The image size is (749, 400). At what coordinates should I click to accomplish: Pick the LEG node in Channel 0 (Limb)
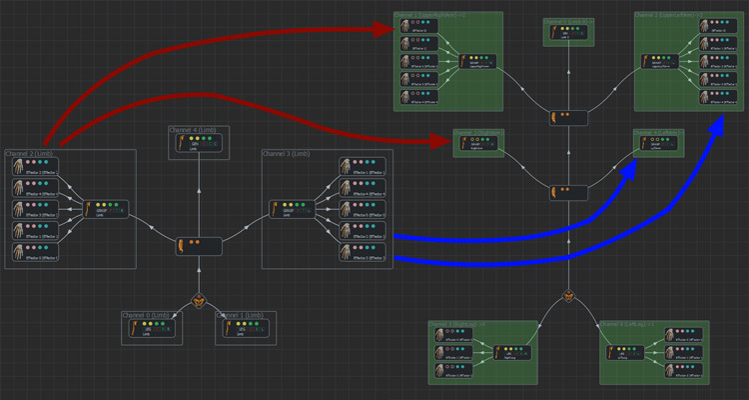[x=152, y=329]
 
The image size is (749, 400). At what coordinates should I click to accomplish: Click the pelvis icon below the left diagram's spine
[x=199, y=300]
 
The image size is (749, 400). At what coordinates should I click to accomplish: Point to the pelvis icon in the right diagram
[x=568, y=296]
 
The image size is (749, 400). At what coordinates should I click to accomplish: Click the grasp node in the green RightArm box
[x=478, y=143]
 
